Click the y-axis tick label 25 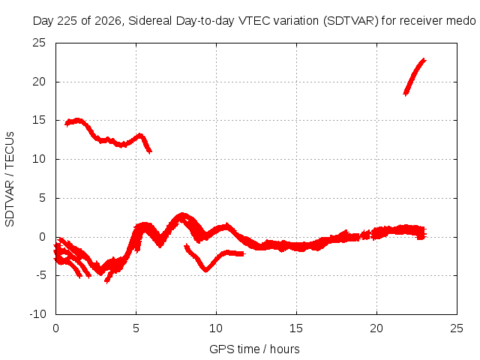click(x=39, y=43)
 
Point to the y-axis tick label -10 click(x=37, y=314)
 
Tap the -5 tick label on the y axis click(x=40, y=275)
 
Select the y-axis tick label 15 click(x=39, y=120)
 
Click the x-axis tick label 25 click(x=457, y=328)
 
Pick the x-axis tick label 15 click(x=296, y=328)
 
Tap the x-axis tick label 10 click(x=216, y=328)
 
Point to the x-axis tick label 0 click(x=55, y=328)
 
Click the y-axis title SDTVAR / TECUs click(x=10, y=179)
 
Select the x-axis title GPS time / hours click(x=254, y=349)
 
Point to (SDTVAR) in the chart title click(x=350, y=21)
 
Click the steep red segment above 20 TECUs click(x=414, y=76)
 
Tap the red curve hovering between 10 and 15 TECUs click(x=107, y=140)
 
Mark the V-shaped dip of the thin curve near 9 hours click(x=206, y=270)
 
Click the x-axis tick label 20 click(x=376, y=328)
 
